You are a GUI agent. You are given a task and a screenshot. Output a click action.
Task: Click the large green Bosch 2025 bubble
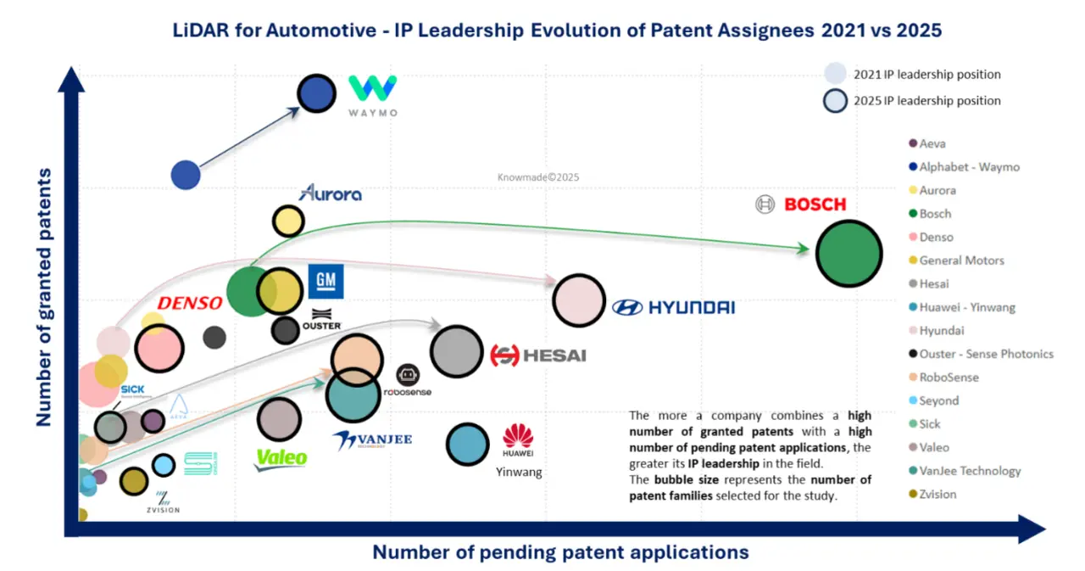pyautogui.click(x=849, y=253)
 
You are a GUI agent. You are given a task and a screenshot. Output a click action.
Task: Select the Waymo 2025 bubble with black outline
pyautogui.click(x=316, y=94)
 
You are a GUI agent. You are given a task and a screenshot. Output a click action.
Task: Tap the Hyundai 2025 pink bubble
pyautogui.click(x=578, y=300)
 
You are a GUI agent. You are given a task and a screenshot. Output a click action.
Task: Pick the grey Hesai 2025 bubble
pyautogui.click(x=457, y=351)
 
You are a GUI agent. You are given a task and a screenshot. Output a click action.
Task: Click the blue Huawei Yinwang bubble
pyautogui.click(x=468, y=445)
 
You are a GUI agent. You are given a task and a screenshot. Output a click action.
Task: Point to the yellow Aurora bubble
pyautogui.click(x=288, y=221)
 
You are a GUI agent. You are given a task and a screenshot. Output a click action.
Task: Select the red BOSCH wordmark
pyautogui.click(x=815, y=204)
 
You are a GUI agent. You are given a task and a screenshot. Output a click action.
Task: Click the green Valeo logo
pyautogui.click(x=281, y=458)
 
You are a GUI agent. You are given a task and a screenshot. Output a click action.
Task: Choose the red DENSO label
pyautogui.click(x=190, y=303)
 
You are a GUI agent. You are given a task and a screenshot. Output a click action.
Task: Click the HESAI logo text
pyautogui.click(x=539, y=355)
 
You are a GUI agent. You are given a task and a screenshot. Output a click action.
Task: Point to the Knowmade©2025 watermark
pyautogui.click(x=537, y=178)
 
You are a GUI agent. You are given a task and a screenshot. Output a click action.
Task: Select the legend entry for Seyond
pyautogui.click(x=938, y=400)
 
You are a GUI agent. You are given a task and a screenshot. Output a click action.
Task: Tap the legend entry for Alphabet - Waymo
pyautogui.click(x=969, y=167)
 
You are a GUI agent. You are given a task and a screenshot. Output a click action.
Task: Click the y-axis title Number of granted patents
pyautogui.click(x=43, y=297)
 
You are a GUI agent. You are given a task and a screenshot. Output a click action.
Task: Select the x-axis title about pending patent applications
pyautogui.click(x=560, y=552)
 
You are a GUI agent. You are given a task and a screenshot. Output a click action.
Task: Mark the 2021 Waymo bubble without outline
pyautogui.click(x=186, y=175)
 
